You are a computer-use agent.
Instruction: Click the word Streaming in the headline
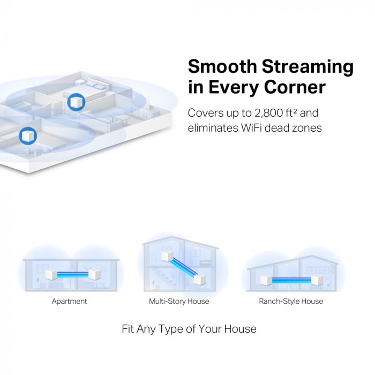coord(308,67)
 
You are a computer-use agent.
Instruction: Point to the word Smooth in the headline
coord(222,67)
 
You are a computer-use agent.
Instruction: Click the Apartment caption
coord(69,301)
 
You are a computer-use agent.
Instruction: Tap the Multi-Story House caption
coord(179,301)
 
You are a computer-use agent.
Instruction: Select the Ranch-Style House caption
coord(291,301)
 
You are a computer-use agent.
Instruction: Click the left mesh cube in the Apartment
coord(52,276)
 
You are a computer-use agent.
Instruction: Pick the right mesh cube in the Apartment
coord(94,276)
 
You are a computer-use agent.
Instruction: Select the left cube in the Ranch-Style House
coord(266,280)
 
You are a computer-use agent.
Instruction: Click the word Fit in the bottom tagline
coord(128,328)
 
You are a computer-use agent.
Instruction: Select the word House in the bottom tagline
coord(239,328)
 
